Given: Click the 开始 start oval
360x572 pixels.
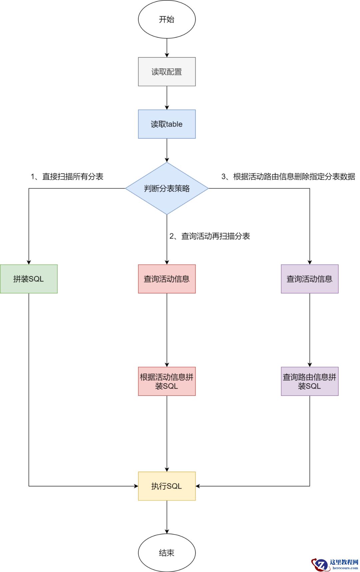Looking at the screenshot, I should (x=167, y=19).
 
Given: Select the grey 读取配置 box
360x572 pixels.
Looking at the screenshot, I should (x=167, y=72).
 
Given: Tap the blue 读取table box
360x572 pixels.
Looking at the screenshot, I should (x=167, y=124).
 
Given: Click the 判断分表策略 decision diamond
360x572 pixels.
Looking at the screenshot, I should (x=167, y=188).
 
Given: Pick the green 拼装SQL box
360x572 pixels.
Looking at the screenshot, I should (x=29, y=279).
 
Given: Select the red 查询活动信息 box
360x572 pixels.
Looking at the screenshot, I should (x=167, y=279).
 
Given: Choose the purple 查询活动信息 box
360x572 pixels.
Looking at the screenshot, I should (x=310, y=279).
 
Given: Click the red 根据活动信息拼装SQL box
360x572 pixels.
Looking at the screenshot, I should (x=167, y=382).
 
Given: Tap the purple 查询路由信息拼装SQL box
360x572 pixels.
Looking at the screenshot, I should (x=310, y=382).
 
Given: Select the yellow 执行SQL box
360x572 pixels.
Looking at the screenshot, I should (x=167, y=486).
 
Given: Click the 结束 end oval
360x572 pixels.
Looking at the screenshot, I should (x=167, y=553).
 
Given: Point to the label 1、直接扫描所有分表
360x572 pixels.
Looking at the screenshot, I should (x=67, y=176).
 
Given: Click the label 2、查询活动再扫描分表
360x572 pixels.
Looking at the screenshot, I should (x=210, y=236).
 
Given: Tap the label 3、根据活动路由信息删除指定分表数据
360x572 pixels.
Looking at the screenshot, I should (x=288, y=176).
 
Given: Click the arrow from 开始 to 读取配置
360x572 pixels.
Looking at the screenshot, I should (x=167, y=48).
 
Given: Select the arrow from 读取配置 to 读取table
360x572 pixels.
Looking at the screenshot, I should (x=167, y=98).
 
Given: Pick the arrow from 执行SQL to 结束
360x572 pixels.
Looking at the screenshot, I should (x=167, y=517).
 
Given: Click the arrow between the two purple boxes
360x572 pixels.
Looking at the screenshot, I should (x=310, y=330).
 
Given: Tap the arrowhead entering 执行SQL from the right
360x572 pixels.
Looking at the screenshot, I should (x=198, y=486).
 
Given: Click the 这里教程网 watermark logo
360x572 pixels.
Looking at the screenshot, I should (x=335, y=564).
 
